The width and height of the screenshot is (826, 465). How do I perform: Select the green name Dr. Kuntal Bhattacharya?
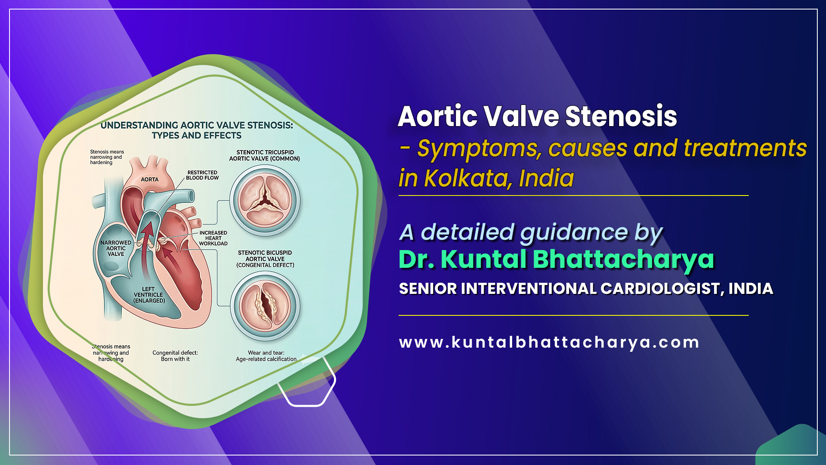pyautogui.click(x=556, y=259)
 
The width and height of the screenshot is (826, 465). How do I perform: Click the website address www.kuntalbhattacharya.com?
pyautogui.click(x=549, y=343)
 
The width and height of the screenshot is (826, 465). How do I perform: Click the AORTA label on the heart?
pyautogui.click(x=150, y=179)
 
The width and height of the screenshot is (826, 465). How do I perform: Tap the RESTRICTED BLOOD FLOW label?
pyautogui.click(x=202, y=175)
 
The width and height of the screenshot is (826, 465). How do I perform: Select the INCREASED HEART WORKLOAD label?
pyautogui.click(x=213, y=238)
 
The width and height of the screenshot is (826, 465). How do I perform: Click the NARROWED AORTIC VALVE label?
pyautogui.click(x=116, y=248)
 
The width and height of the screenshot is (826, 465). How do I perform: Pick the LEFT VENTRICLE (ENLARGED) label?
pyautogui.click(x=149, y=295)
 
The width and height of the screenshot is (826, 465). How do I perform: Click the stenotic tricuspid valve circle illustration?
pyautogui.click(x=265, y=200)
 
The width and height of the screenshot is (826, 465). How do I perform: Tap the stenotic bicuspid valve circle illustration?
pyautogui.click(x=265, y=306)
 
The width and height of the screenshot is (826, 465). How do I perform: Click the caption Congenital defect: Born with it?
pyautogui.click(x=175, y=356)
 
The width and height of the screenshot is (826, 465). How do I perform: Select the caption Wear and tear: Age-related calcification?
pyautogui.click(x=266, y=356)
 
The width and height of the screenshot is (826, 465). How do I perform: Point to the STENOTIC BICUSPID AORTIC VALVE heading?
pyautogui.click(x=265, y=259)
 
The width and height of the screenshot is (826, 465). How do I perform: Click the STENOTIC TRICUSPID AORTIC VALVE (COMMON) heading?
pyautogui.click(x=265, y=155)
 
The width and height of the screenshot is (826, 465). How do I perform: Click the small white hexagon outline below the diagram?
pyautogui.click(x=306, y=384)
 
